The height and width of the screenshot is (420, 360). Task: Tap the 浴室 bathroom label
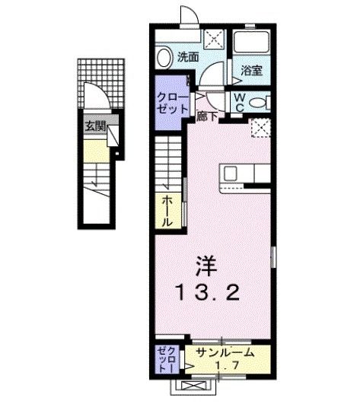point(252,70)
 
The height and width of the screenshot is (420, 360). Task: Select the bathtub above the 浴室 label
point(251,46)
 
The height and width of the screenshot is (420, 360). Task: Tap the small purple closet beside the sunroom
point(165,358)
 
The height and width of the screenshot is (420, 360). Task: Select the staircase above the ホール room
point(170,160)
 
